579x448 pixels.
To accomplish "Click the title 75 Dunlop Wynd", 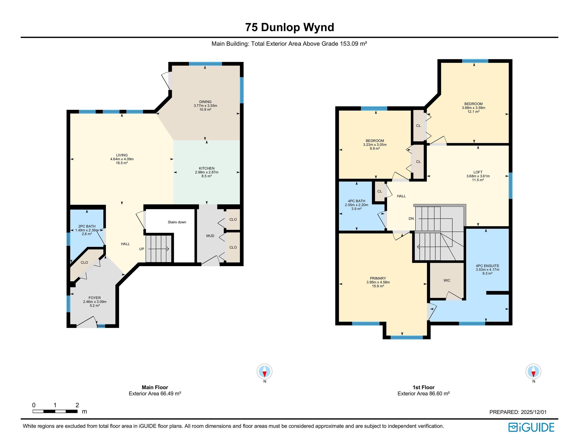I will pos(289,27).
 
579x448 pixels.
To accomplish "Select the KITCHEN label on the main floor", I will pos(206,168).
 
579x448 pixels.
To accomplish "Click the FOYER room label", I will pos(95,298).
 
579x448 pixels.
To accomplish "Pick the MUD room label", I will pos(210,236).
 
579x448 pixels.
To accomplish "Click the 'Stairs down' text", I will pos(177,222).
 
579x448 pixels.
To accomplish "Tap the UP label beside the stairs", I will pos(142,249).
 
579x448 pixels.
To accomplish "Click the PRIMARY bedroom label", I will pos(378,278).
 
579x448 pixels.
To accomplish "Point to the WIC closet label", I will pos(447,280).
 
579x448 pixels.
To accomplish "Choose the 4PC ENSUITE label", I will pos(487,266).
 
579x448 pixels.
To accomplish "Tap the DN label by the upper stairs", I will pos(411,219).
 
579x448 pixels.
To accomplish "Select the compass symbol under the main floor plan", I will pos(264,371).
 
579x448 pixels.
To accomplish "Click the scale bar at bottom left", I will pos(55,411).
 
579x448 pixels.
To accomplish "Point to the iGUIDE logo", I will pos(531,427).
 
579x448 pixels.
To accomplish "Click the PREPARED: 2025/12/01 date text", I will pos(518,412).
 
